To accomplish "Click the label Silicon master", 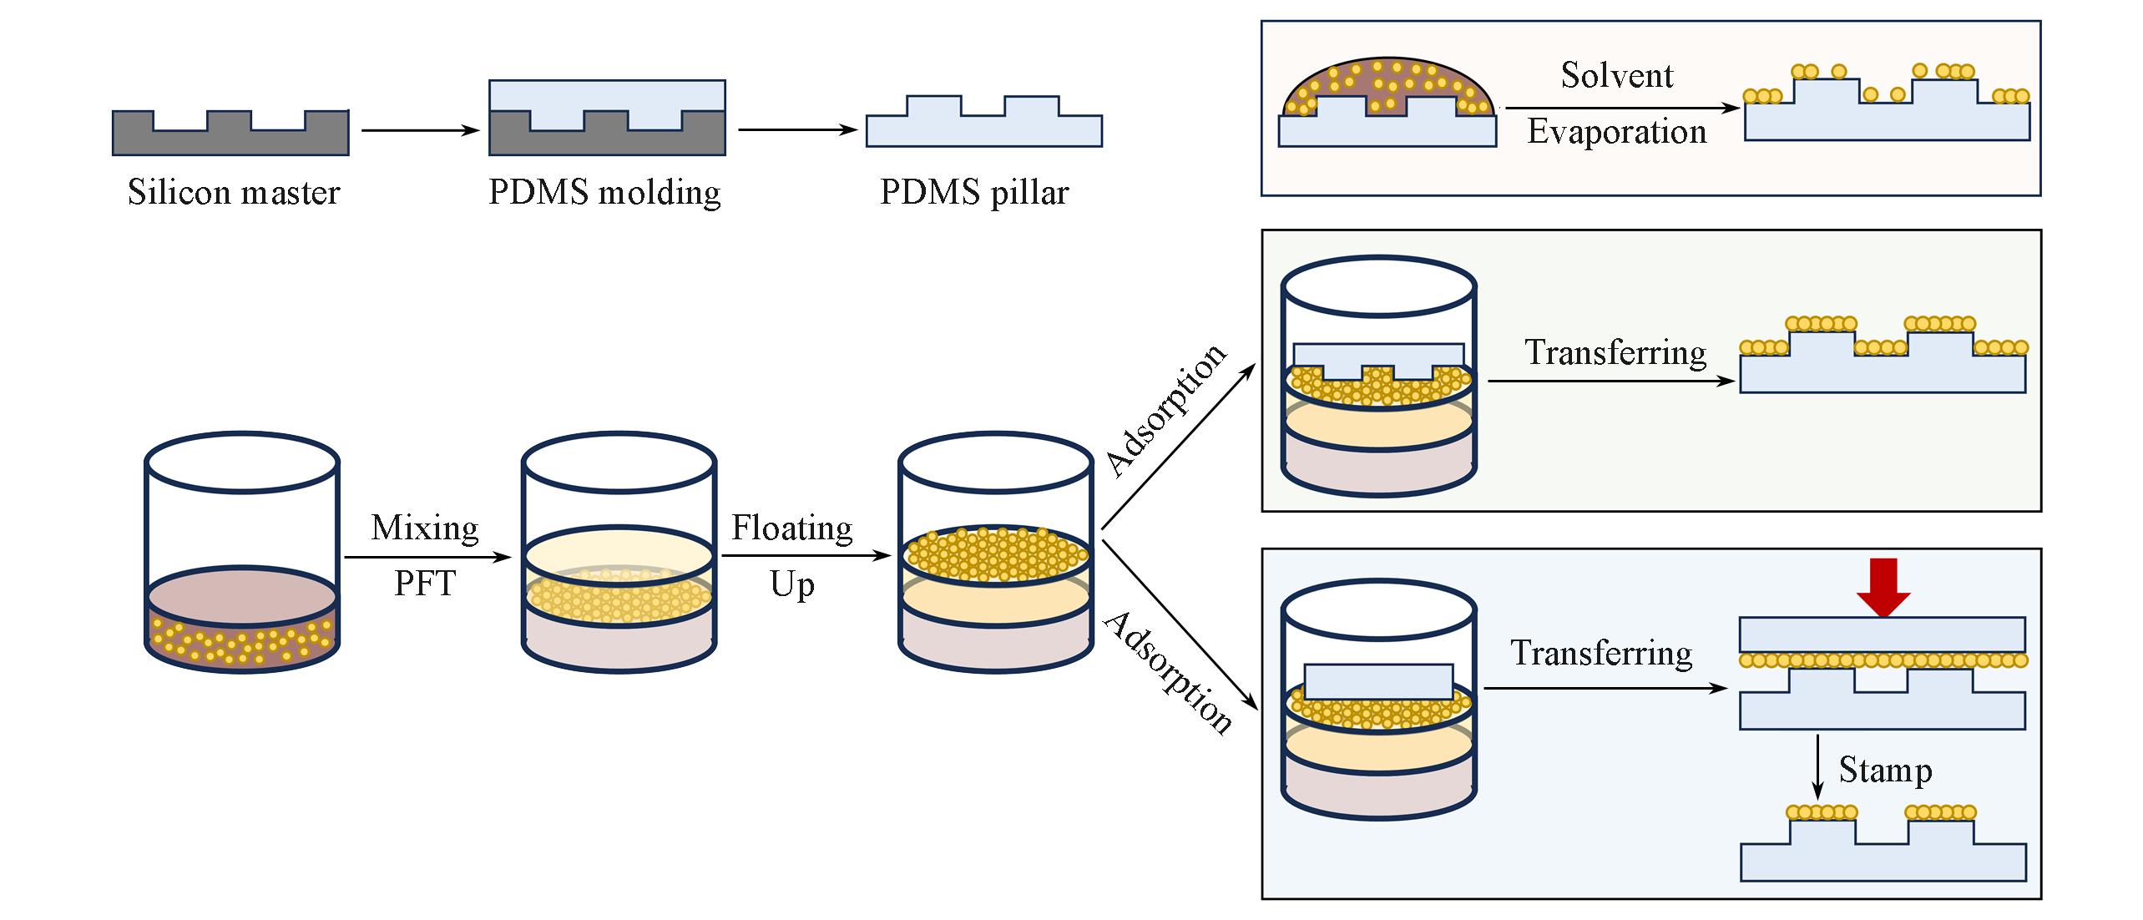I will point(234,193).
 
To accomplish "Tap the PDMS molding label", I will point(604,193).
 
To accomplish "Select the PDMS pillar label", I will point(974,193).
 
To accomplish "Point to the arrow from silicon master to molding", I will point(420,130).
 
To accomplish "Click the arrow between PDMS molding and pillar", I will point(797,130).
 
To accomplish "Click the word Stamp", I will point(1885,770).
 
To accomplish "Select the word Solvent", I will point(1617,76).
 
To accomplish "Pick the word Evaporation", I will point(1617,132).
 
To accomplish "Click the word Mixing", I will point(425,528).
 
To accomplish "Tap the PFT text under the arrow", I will point(425,584).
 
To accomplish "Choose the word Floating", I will point(791,528).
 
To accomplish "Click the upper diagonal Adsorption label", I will point(1166,409).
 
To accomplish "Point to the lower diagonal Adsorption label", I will point(1168,673).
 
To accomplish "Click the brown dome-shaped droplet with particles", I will point(1386,88).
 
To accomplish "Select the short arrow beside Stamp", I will point(1817,766).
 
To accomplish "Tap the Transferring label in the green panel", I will point(1615,352).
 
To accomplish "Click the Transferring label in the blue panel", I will point(1601,653).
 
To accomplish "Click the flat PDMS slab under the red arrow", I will point(1882,634).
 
